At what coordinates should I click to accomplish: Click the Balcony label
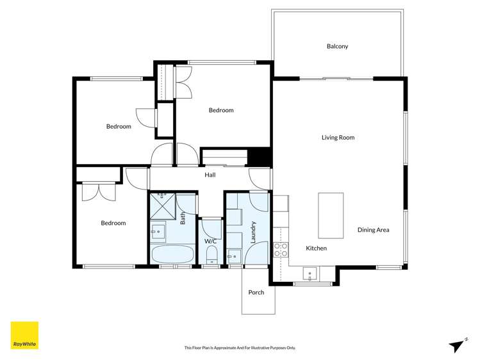337,46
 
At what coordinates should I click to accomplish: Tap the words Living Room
338,138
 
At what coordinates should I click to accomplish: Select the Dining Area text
373,230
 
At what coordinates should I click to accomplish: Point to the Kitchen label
316,248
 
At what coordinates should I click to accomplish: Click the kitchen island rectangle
331,215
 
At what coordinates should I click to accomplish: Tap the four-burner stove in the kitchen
281,250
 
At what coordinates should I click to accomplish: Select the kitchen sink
310,274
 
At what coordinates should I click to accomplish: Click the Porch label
256,293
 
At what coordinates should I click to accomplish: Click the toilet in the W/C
211,257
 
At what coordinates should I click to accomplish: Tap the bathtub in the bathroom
171,254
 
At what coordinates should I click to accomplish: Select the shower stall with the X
162,205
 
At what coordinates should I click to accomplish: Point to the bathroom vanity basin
158,231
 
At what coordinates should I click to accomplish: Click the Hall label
210,175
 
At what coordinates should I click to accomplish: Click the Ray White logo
24,335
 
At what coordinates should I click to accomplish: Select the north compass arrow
457,345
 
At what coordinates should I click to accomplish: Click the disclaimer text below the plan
240,348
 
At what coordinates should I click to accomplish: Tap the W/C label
210,241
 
